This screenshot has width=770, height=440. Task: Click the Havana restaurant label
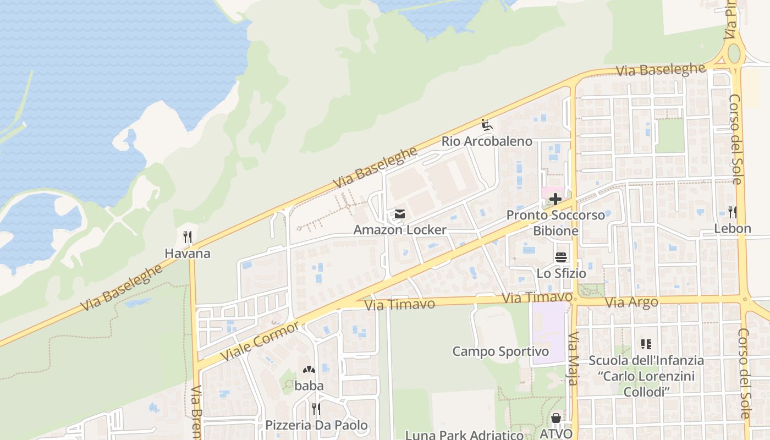pyautogui.click(x=188, y=254)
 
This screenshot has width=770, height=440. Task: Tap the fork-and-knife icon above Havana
pyautogui.click(x=188, y=238)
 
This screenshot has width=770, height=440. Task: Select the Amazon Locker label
pyautogui.click(x=400, y=229)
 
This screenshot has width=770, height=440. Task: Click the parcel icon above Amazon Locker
pyautogui.click(x=400, y=214)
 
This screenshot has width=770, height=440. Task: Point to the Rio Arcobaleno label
pyautogui.click(x=487, y=141)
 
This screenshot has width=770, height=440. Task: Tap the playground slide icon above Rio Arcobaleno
pyautogui.click(x=486, y=125)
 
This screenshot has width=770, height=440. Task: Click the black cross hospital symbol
pyautogui.click(x=555, y=199)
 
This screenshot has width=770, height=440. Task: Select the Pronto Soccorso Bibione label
pyautogui.click(x=555, y=222)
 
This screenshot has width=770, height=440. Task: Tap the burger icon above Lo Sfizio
pyautogui.click(x=561, y=257)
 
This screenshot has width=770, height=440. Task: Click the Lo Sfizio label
pyautogui.click(x=561, y=273)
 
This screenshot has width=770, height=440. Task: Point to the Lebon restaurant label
pyautogui.click(x=733, y=228)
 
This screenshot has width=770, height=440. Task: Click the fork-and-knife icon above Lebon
pyautogui.click(x=733, y=212)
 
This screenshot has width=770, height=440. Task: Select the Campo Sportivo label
pyautogui.click(x=501, y=351)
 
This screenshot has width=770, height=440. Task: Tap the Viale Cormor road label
pyautogui.click(x=260, y=341)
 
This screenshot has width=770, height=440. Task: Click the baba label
pyautogui.click(x=309, y=386)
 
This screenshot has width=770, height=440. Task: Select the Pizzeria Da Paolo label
pyautogui.click(x=316, y=425)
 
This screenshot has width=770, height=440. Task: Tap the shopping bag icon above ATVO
pyautogui.click(x=556, y=419)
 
